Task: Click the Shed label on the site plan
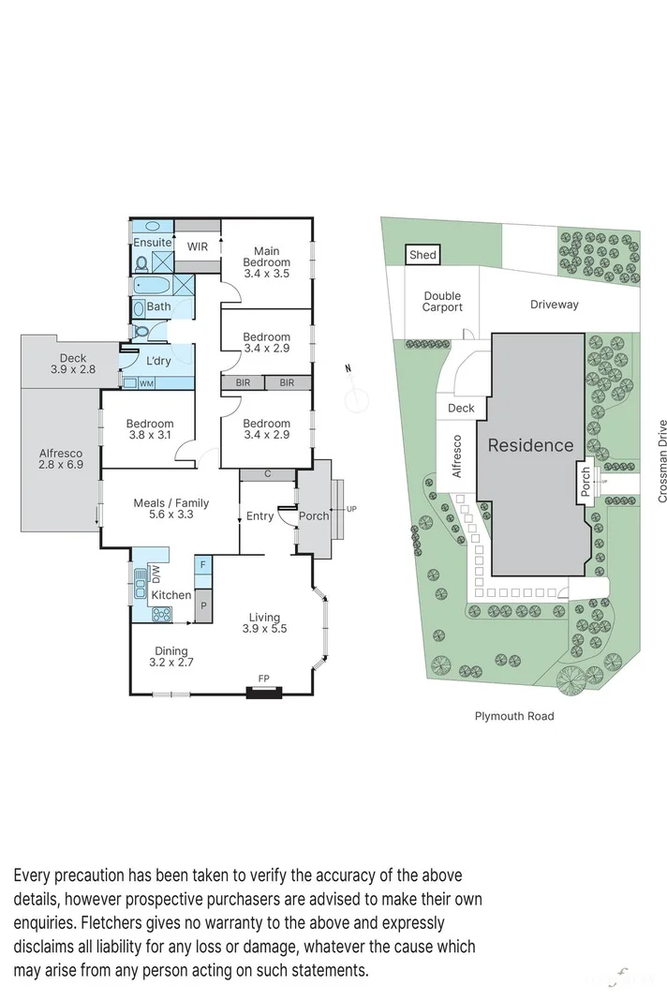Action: [x=422, y=255]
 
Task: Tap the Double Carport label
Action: [x=442, y=302]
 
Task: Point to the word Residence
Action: [x=530, y=446]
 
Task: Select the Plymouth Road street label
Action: [x=514, y=716]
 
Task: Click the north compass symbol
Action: [x=355, y=398]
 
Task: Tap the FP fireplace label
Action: [x=263, y=678]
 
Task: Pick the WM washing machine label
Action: [x=146, y=383]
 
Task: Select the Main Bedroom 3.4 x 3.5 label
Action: [x=266, y=262]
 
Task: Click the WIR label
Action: [x=198, y=246]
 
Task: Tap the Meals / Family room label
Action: [x=170, y=509]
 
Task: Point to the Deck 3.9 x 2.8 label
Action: [x=72, y=365]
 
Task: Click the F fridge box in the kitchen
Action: [x=203, y=565]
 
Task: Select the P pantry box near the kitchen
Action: [x=202, y=607]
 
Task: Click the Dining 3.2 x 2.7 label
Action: [x=171, y=657]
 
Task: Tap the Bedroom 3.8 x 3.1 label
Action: [x=150, y=429]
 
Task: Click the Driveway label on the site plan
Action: [x=555, y=305]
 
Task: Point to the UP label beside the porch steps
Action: [x=351, y=509]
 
